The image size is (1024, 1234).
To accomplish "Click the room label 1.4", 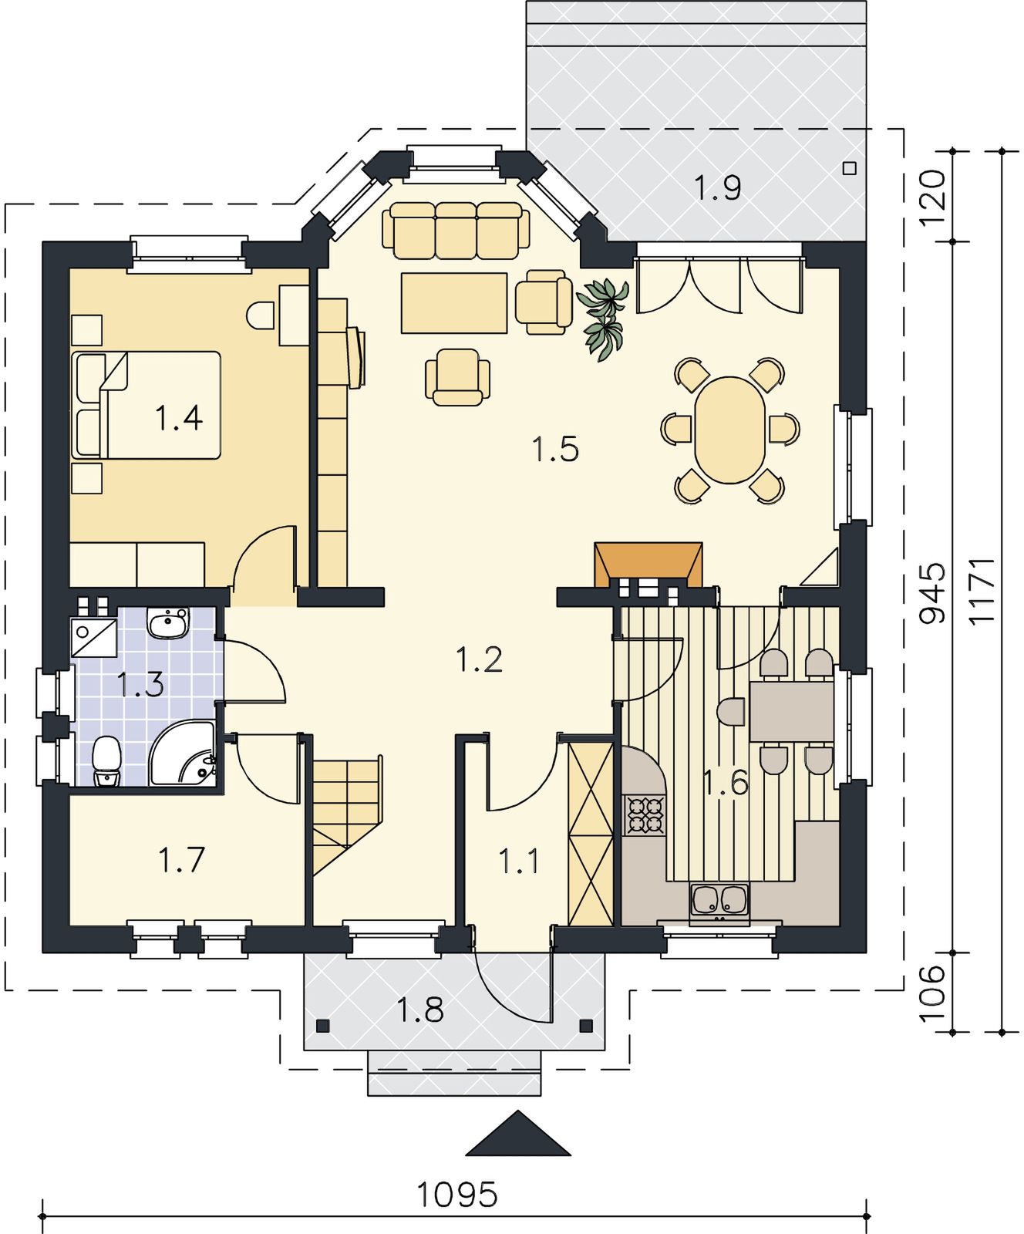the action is pyautogui.click(x=179, y=418).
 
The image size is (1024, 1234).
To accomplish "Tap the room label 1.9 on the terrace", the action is pyautogui.click(x=718, y=187).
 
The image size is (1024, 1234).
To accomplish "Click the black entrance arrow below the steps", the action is pyautogui.click(x=518, y=1134).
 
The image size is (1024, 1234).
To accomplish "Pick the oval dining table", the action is pyautogui.click(x=729, y=430).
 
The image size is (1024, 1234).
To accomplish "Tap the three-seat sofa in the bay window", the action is pyautogui.click(x=456, y=229).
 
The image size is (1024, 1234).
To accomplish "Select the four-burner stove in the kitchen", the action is pyautogui.click(x=646, y=816).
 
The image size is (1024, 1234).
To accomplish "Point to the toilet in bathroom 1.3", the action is pyautogui.click(x=106, y=761).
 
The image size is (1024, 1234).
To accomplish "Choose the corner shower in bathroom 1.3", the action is pyautogui.click(x=183, y=753).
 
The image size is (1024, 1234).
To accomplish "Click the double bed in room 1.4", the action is pyautogui.click(x=147, y=405).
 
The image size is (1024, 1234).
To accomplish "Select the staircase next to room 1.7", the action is pyautogui.click(x=346, y=815).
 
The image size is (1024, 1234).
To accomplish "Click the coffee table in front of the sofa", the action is pyautogui.click(x=454, y=303).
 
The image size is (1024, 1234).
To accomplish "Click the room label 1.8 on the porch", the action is pyautogui.click(x=421, y=1009).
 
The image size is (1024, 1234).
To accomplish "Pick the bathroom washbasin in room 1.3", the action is pyautogui.click(x=167, y=623).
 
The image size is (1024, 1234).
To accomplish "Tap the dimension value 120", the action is pyautogui.click(x=933, y=196).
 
